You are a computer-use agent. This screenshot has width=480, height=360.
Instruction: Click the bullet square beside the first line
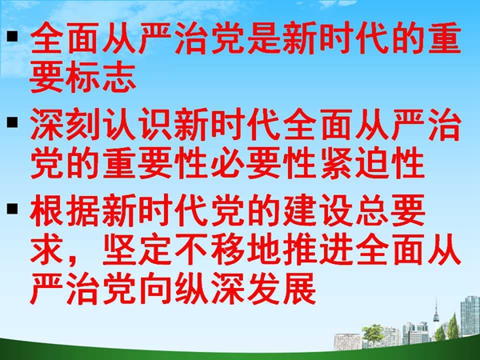click(13, 36)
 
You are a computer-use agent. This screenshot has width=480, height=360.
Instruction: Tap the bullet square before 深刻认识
click(13, 122)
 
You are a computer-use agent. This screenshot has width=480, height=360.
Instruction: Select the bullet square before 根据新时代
click(13, 208)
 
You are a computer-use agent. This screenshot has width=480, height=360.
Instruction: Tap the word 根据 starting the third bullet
click(65, 210)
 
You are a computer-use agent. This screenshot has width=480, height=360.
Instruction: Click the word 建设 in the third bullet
click(318, 210)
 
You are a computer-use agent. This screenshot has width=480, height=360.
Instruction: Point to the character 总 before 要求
click(372, 210)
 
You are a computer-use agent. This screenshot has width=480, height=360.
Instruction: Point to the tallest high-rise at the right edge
click(470, 316)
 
